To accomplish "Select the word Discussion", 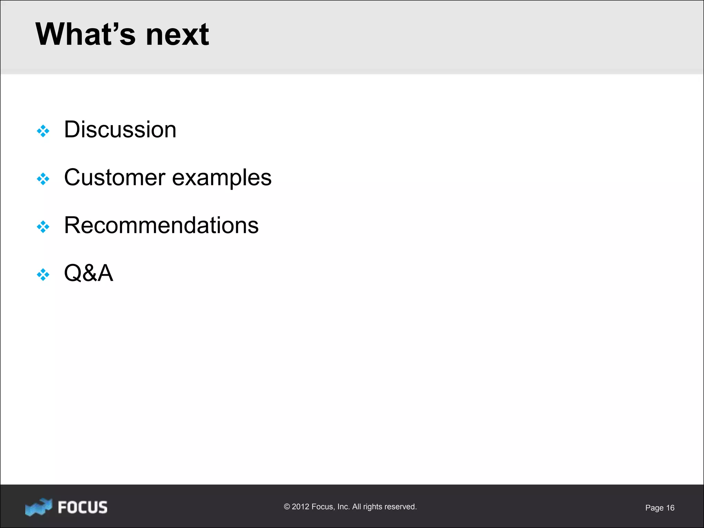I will (x=120, y=130).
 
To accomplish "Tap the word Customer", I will (x=114, y=178).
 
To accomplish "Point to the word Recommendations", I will (x=161, y=225).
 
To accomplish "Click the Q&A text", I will (x=88, y=273).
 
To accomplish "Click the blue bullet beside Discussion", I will (x=43, y=131).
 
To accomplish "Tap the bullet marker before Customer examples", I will (x=43, y=179).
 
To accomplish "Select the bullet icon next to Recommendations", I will (x=43, y=227).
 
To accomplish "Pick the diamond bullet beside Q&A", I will (x=43, y=275).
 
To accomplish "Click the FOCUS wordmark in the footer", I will (x=82, y=507).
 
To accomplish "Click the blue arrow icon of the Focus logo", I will (x=38, y=507).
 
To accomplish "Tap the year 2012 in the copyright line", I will (x=300, y=507).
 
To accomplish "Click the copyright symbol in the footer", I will (x=287, y=507).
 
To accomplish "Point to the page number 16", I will (x=670, y=508).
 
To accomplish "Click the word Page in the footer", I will (x=654, y=508).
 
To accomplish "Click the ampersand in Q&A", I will (x=89, y=273).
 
